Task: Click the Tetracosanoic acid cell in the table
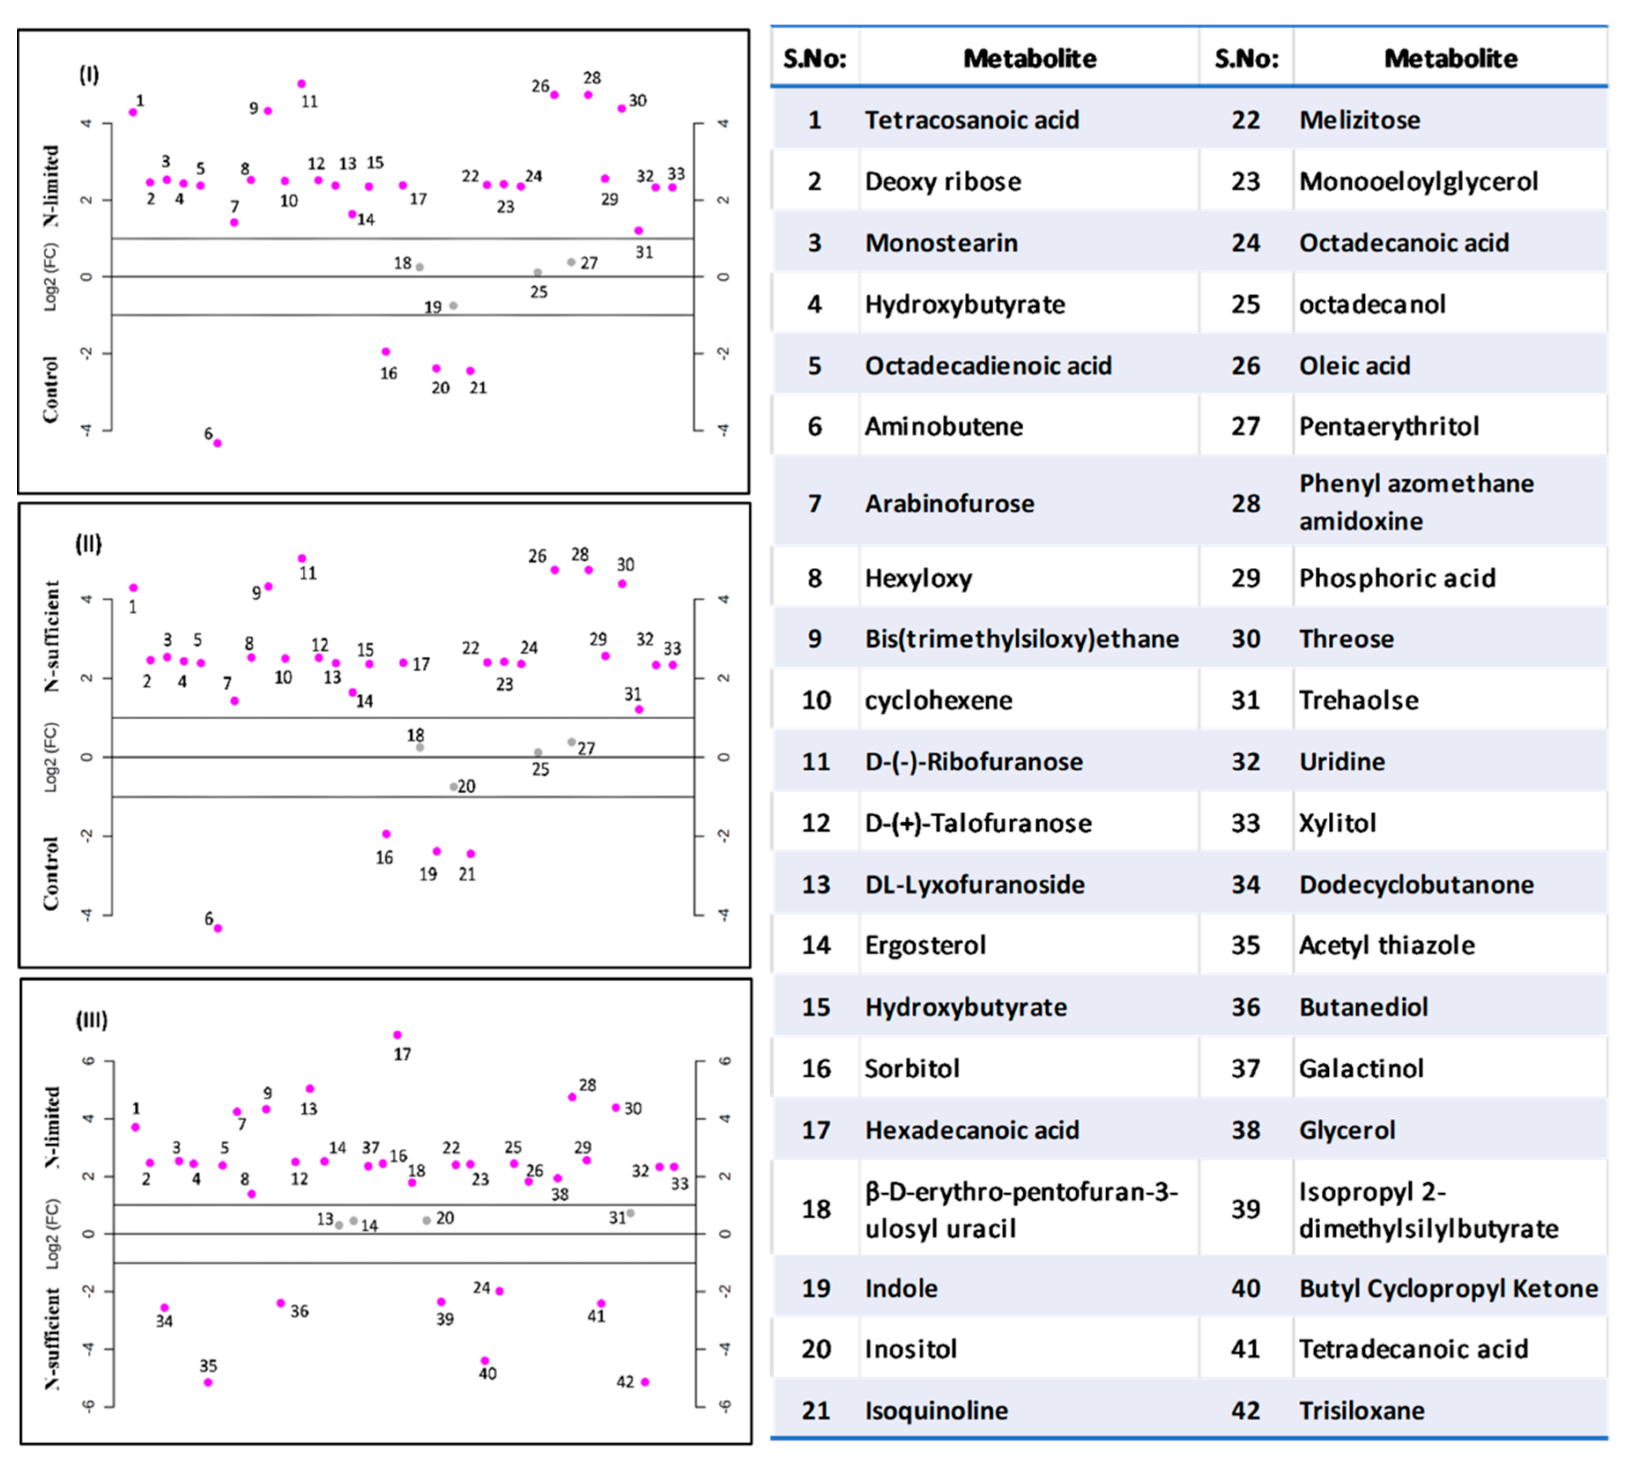point(972,120)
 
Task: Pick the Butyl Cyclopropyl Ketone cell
point(1448,1288)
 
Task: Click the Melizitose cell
point(1359,120)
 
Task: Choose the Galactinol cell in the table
point(1360,1068)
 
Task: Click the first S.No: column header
point(814,58)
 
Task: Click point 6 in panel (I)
point(217,443)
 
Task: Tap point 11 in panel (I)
point(302,84)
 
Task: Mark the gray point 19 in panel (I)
point(453,306)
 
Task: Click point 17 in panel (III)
point(397,1035)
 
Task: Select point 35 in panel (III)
point(208,1383)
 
